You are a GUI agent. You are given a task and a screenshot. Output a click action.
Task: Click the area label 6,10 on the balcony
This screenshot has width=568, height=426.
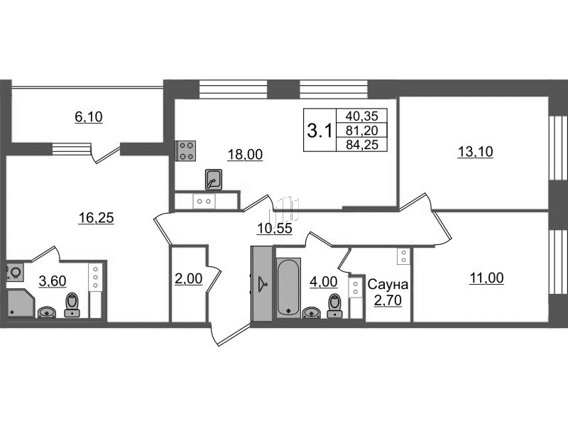[89, 116]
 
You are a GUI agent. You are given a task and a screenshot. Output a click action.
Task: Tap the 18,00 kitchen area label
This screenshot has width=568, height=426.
[245, 154]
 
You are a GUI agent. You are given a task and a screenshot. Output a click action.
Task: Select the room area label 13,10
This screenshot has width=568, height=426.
[475, 151]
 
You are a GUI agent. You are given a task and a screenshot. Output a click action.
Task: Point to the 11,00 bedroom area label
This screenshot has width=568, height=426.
[486, 278]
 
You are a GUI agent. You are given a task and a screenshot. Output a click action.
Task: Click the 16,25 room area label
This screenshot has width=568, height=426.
[96, 218]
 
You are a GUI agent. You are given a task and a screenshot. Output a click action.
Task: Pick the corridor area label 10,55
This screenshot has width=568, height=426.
[275, 229]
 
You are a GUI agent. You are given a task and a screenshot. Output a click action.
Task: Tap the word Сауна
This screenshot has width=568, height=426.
[388, 285]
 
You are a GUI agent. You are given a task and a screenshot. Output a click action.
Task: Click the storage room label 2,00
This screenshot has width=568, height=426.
[189, 278]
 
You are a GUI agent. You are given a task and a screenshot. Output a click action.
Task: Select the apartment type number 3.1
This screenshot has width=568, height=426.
[319, 131]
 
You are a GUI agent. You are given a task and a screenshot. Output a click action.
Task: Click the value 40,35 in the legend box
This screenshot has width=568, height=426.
[362, 116]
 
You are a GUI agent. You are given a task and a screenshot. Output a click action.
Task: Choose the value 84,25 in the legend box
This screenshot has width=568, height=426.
[362, 145]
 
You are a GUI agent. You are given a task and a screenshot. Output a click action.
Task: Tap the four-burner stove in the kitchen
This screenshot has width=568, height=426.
[185, 151]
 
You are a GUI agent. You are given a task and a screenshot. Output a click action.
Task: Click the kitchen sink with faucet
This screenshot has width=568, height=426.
[214, 180]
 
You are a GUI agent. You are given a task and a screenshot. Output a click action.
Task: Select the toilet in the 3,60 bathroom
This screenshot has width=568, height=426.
[72, 305]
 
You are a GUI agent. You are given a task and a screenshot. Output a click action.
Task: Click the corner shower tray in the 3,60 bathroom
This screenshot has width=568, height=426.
[21, 303]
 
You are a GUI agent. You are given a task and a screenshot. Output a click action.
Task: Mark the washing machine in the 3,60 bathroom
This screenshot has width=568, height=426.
[15, 273]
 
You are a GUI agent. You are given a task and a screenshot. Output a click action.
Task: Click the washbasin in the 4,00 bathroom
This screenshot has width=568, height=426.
[311, 312]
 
